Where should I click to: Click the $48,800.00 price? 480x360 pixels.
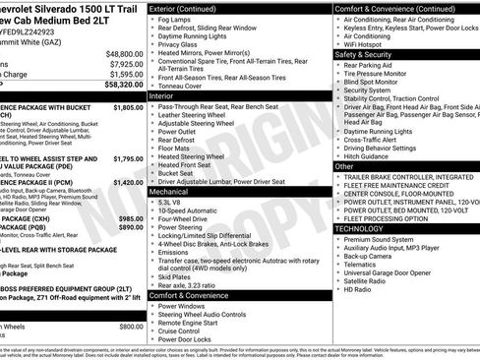tap(124, 54)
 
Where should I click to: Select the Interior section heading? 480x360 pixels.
tap(162, 96)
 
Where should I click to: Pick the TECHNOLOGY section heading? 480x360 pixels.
tap(367, 228)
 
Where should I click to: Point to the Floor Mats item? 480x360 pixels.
tap(176, 148)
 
